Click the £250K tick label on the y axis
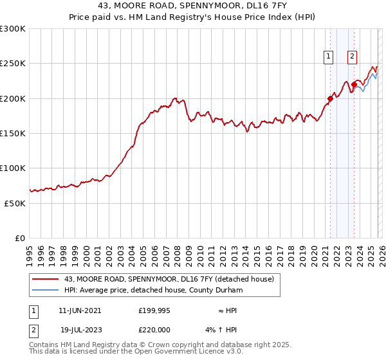(12, 64)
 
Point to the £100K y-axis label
(12, 168)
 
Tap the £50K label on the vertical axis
(15, 203)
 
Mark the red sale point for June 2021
(330, 98)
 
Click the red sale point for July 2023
(354, 84)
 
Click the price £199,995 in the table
(154, 310)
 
